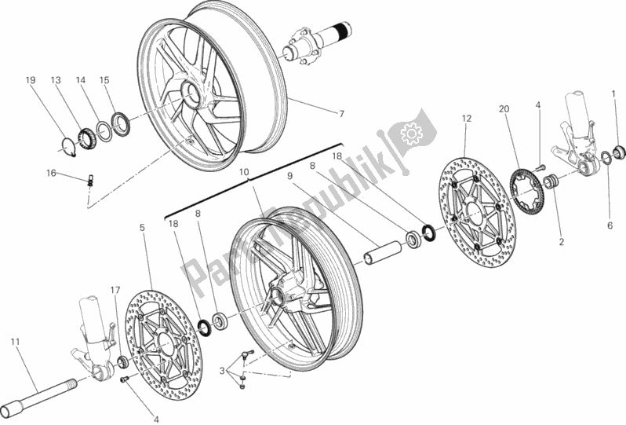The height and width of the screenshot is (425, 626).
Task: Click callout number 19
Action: [x=31, y=80]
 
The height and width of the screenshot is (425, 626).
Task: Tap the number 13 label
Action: [x=56, y=80]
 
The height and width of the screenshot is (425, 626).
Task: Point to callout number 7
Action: [x=341, y=114]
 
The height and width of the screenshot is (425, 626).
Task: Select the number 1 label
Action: [x=613, y=95]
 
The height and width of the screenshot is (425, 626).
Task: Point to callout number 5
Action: [x=142, y=229]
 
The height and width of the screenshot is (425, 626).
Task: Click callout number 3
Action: [x=223, y=369]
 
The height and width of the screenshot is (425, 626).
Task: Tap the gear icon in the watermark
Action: [x=409, y=134]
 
